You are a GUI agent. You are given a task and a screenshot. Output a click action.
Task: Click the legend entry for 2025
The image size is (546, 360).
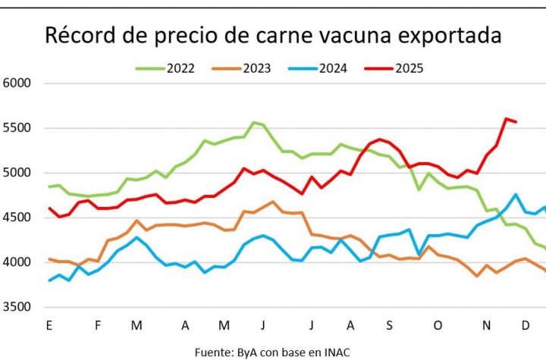click(408, 68)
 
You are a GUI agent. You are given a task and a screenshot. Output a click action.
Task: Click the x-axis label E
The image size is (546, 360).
click(49, 325)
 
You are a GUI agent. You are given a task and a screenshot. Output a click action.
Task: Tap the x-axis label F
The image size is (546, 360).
click(98, 325)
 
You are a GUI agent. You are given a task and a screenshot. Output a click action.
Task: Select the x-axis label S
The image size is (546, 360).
click(388, 325)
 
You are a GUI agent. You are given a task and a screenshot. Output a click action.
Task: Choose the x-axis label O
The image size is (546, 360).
click(438, 325)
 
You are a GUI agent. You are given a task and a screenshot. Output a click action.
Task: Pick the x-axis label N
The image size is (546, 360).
click(487, 325)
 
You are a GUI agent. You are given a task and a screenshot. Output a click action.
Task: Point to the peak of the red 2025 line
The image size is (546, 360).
click(505, 118)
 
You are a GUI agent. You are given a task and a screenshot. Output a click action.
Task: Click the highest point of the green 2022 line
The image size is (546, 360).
click(254, 122)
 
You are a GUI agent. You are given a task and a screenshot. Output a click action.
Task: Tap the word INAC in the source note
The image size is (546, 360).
click(336, 352)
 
